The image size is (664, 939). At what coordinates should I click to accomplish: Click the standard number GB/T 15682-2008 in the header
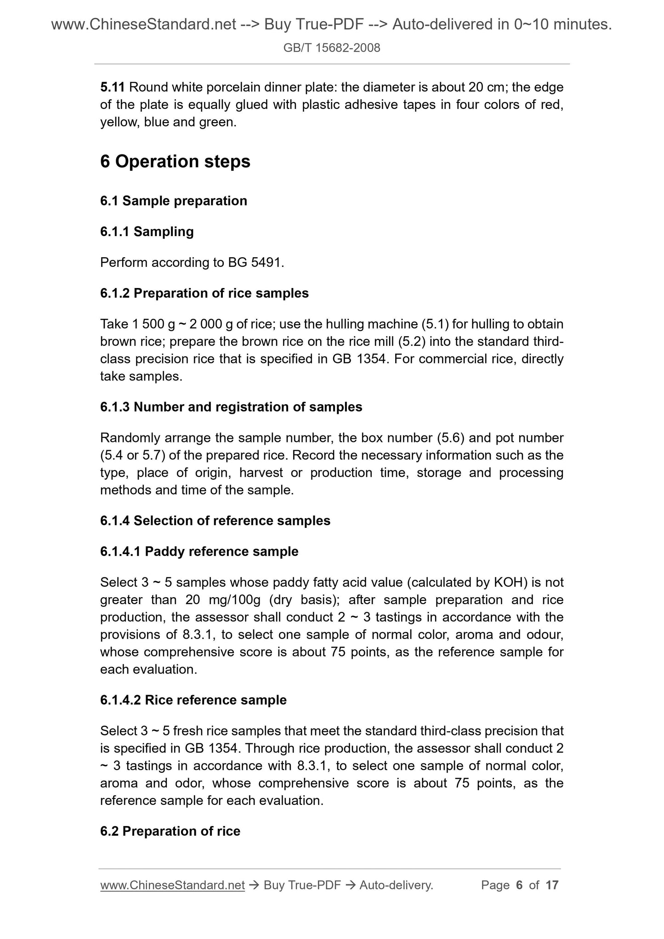(331, 48)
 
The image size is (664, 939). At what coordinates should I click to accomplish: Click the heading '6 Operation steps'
(175, 162)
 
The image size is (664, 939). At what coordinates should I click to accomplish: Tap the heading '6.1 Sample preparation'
(173, 201)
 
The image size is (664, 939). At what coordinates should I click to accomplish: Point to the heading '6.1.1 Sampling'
(147, 232)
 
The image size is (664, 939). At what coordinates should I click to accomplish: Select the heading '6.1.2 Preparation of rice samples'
(204, 293)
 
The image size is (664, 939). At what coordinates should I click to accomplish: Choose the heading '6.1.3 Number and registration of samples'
(231, 407)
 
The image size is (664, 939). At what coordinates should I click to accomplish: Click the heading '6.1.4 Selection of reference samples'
(215, 520)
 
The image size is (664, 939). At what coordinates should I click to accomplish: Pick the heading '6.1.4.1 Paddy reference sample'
(199, 551)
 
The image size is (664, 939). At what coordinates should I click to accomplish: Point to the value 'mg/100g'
(234, 600)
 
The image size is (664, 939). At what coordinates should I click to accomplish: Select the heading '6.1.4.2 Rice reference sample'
(193, 700)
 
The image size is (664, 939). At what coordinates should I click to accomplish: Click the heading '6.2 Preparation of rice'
(170, 831)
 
